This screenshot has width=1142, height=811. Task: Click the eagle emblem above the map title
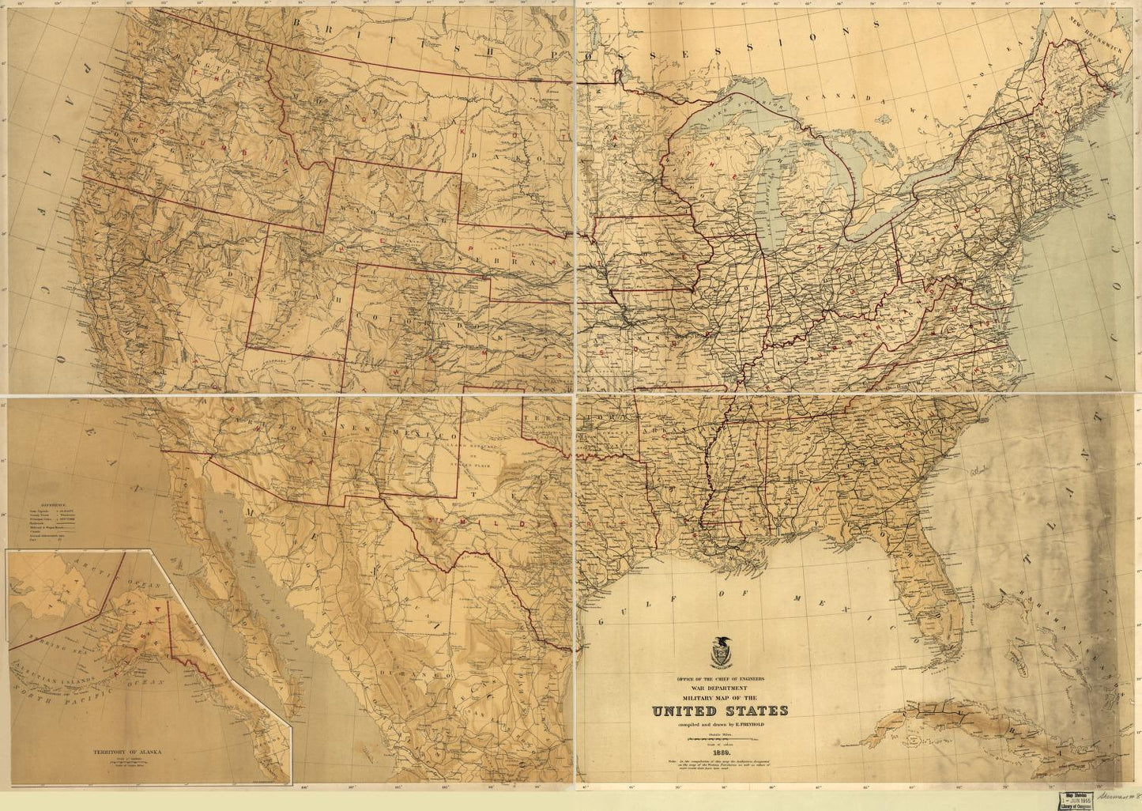tap(722, 653)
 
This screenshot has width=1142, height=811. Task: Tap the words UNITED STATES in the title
tap(720, 711)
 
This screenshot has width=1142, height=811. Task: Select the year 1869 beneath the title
tap(720, 752)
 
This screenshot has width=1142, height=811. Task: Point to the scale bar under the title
tap(720, 739)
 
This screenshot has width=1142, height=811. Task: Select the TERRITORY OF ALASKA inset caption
tap(126, 753)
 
